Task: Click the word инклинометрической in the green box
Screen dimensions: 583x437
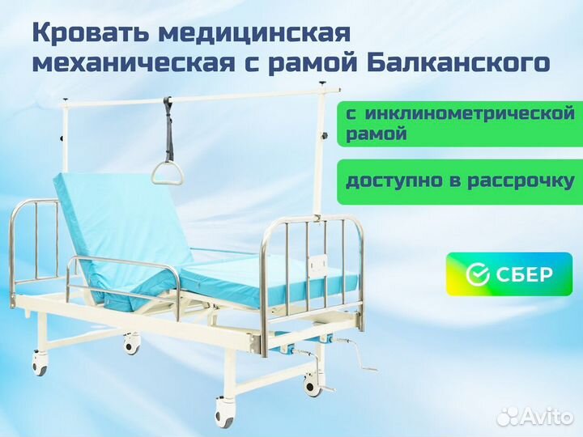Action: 470,113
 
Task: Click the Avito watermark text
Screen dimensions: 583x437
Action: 535,416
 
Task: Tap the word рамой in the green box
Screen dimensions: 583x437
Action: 377,134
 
